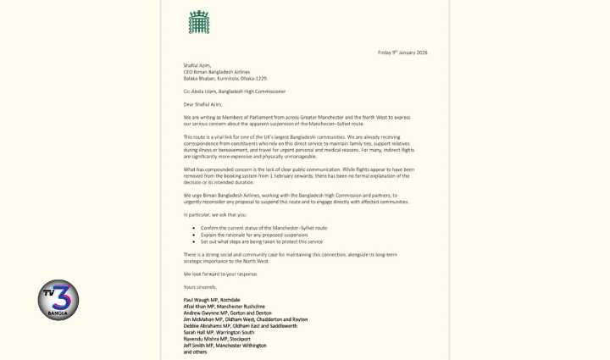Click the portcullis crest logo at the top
click(199, 22)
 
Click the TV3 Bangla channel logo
click(58, 300)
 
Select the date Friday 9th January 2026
click(402, 53)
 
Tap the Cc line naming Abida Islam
click(235, 91)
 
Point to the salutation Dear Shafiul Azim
click(202, 104)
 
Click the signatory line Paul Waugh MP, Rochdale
click(212, 300)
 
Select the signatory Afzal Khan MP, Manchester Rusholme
click(225, 307)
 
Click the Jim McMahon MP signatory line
click(246, 319)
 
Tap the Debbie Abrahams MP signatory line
click(241, 326)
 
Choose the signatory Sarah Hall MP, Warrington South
click(219, 332)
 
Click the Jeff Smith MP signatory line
click(225, 346)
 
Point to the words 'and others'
click(195, 352)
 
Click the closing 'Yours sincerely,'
click(200, 287)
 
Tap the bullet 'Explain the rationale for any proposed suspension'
click(254, 235)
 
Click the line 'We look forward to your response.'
click(220, 274)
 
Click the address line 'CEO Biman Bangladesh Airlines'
click(217, 72)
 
